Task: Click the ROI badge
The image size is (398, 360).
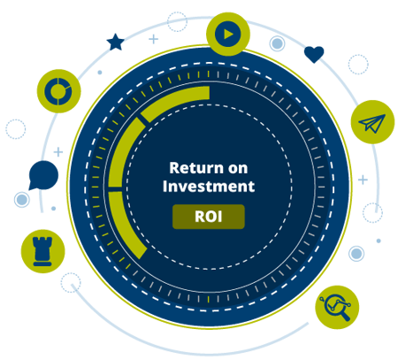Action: coord(209,217)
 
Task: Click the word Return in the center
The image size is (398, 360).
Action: coord(196,168)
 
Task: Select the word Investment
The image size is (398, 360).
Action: coord(209,187)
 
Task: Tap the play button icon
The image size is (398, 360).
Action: coord(228,34)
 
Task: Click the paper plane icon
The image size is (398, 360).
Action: coord(372,122)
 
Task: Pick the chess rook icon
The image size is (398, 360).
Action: coord(42,251)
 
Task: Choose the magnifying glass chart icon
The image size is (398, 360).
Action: coord(337,307)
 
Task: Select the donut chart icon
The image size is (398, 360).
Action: coord(58,91)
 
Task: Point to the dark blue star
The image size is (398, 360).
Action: coord(115,42)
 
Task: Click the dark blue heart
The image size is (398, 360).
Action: coord(314,54)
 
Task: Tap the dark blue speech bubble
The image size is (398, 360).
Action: coord(43,175)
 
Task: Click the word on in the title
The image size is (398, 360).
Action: coord(238,169)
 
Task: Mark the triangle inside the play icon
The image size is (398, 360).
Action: coord(228,34)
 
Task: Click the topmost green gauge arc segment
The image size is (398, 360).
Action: coord(174,100)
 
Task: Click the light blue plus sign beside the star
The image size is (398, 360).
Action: coord(153,39)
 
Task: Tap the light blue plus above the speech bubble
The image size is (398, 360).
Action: coord(58,152)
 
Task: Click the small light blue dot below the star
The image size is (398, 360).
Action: coord(100,73)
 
